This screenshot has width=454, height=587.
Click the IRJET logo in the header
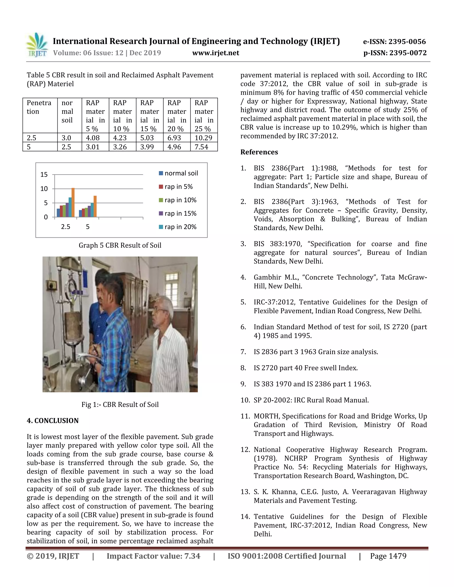pyautogui.click(x=37, y=45)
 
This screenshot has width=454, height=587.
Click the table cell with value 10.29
pyautogui.click(x=203, y=138)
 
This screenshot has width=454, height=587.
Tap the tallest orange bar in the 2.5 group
pyautogui.click(x=73, y=202)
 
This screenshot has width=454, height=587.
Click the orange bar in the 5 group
pyautogui.click(x=95, y=206)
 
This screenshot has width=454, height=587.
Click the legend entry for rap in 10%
pyautogui.click(x=178, y=200)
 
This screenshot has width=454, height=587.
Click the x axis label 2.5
pyautogui.click(x=66, y=227)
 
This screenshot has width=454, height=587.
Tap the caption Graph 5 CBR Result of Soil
pyautogui.click(x=120, y=245)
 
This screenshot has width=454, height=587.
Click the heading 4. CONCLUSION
pyautogui.click(x=53, y=421)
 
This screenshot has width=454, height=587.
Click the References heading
pyautogui.click(x=259, y=152)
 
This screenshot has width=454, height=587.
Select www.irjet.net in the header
pyautogui.click(x=216, y=53)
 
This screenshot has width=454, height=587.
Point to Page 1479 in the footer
pyautogui.click(x=388, y=556)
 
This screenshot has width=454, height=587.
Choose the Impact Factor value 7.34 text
pyautogui.click(x=153, y=556)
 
